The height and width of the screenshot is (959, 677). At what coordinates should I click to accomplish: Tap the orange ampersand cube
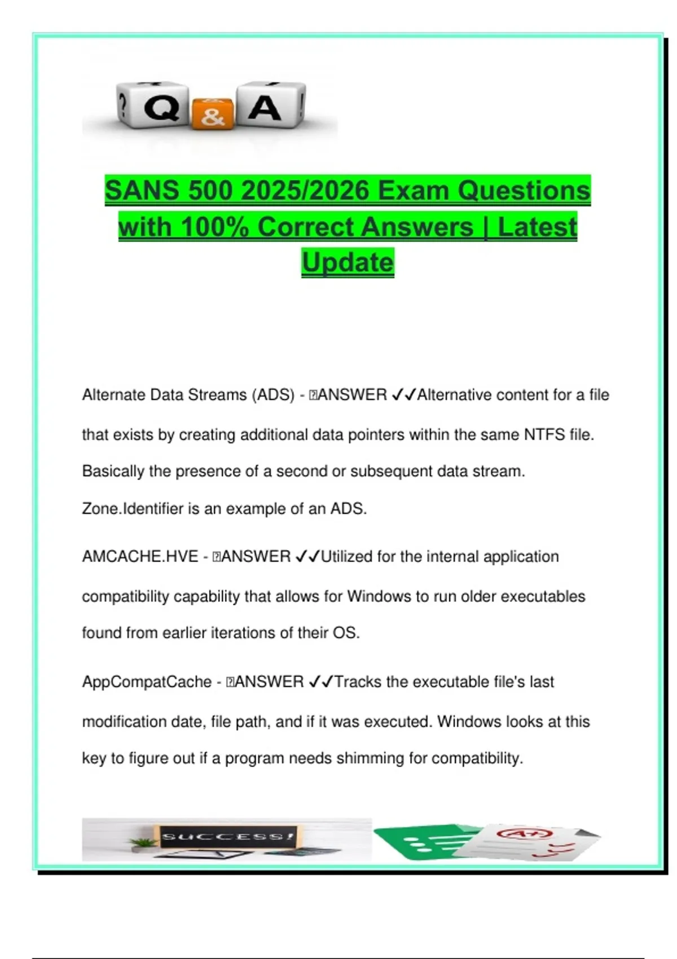(x=212, y=114)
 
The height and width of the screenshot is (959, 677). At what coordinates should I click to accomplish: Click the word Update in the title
(x=348, y=262)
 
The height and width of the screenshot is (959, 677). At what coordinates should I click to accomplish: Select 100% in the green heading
(x=216, y=227)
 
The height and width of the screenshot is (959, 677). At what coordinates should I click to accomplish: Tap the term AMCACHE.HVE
(x=140, y=557)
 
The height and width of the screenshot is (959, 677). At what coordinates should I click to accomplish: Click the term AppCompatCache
(x=147, y=682)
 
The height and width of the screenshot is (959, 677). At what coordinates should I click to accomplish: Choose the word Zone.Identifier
(x=133, y=509)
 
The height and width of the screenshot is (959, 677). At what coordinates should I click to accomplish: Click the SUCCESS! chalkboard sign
(x=227, y=836)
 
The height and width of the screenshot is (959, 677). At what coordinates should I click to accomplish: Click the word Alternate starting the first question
(x=113, y=395)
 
